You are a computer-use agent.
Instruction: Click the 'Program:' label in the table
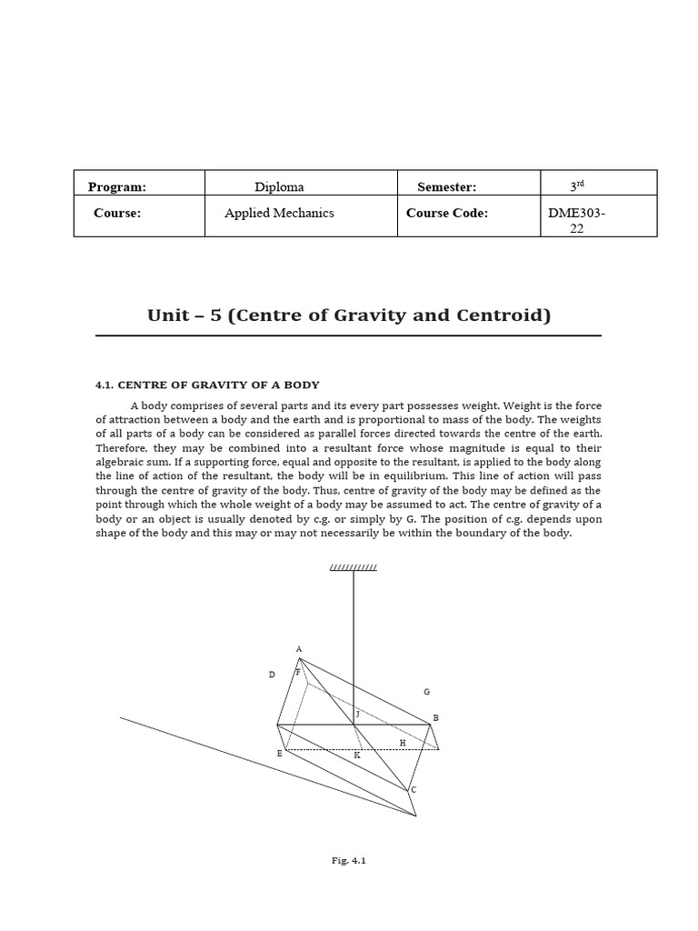pyautogui.click(x=117, y=187)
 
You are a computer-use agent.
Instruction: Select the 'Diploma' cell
pyautogui.click(x=279, y=187)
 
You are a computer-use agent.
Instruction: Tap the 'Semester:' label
pyautogui.click(x=446, y=187)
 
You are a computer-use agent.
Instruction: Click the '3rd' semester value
pyautogui.click(x=576, y=186)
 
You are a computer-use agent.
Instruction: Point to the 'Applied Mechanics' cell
pyautogui.click(x=279, y=213)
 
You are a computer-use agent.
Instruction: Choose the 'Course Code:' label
pyautogui.click(x=447, y=213)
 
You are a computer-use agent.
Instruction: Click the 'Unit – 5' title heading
pyautogui.click(x=349, y=315)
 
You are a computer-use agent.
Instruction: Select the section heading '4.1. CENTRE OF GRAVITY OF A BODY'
pyautogui.click(x=207, y=385)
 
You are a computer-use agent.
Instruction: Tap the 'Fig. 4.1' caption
pyautogui.click(x=349, y=860)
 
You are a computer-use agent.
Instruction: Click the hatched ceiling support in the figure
pyautogui.click(x=353, y=568)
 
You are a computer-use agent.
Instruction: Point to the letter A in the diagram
pyautogui.click(x=299, y=649)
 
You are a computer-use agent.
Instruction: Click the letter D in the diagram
pyautogui.click(x=271, y=675)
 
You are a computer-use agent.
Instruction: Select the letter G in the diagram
pyautogui.click(x=426, y=692)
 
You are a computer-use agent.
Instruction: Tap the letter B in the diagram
pyautogui.click(x=436, y=718)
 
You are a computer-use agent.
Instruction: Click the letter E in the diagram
pyautogui.click(x=280, y=754)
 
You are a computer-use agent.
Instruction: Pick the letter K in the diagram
pyautogui.click(x=357, y=755)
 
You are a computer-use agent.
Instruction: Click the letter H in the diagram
pyautogui.click(x=403, y=743)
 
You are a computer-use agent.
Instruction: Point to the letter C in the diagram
pyautogui.click(x=414, y=789)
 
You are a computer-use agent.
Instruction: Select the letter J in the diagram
pyautogui.click(x=358, y=715)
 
